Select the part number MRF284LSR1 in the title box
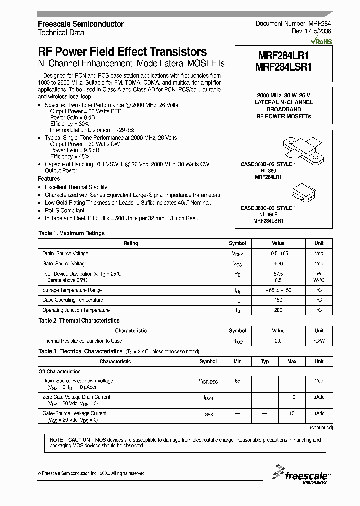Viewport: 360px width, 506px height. pyautogui.click(x=284, y=68)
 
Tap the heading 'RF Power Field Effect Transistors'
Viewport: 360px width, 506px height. pyautogui.click(x=122, y=52)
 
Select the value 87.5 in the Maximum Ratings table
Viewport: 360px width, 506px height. pyautogui.click(x=278, y=274)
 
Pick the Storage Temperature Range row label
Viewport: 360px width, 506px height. pyautogui.click(x=72, y=290)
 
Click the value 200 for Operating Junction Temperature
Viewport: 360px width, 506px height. pyautogui.click(x=278, y=310)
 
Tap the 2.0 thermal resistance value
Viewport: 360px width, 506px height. pyautogui.click(x=278, y=341)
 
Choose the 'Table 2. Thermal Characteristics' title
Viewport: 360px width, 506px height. pyautogui.click(x=79, y=321)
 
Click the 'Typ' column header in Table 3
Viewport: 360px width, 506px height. pyautogui.click(x=265, y=361)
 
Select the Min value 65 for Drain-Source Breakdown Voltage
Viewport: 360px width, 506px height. pyautogui.click(x=237, y=381)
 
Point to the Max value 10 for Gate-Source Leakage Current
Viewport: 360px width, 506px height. pyautogui.click(x=292, y=413)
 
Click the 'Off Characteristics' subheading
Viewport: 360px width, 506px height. pyautogui.click(x=59, y=372)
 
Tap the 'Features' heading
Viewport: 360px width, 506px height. pyautogui.click(x=49, y=179)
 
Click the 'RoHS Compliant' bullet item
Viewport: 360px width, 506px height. pyautogui.click(x=64, y=211)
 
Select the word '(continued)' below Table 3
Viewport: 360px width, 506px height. pyautogui.click(x=321, y=428)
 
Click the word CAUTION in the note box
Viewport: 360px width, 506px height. pyautogui.click(x=79, y=440)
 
